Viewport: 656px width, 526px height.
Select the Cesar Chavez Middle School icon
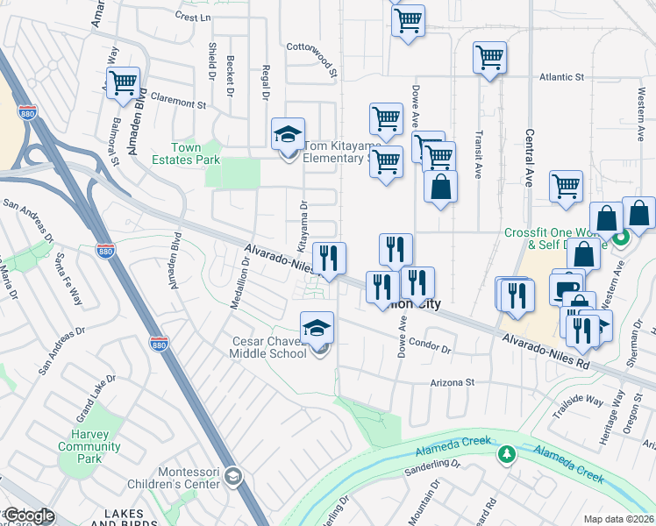(317, 328)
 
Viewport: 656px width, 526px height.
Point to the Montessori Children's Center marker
(233, 476)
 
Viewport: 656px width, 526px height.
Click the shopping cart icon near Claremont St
(123, 83)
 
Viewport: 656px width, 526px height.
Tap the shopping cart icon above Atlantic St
(489, 58)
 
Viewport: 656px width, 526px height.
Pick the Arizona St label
(452, 382)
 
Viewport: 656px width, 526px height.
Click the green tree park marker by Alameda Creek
(505, 454)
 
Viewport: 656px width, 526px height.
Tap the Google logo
(29, 516)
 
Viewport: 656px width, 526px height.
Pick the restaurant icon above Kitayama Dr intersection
(329, 259)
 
